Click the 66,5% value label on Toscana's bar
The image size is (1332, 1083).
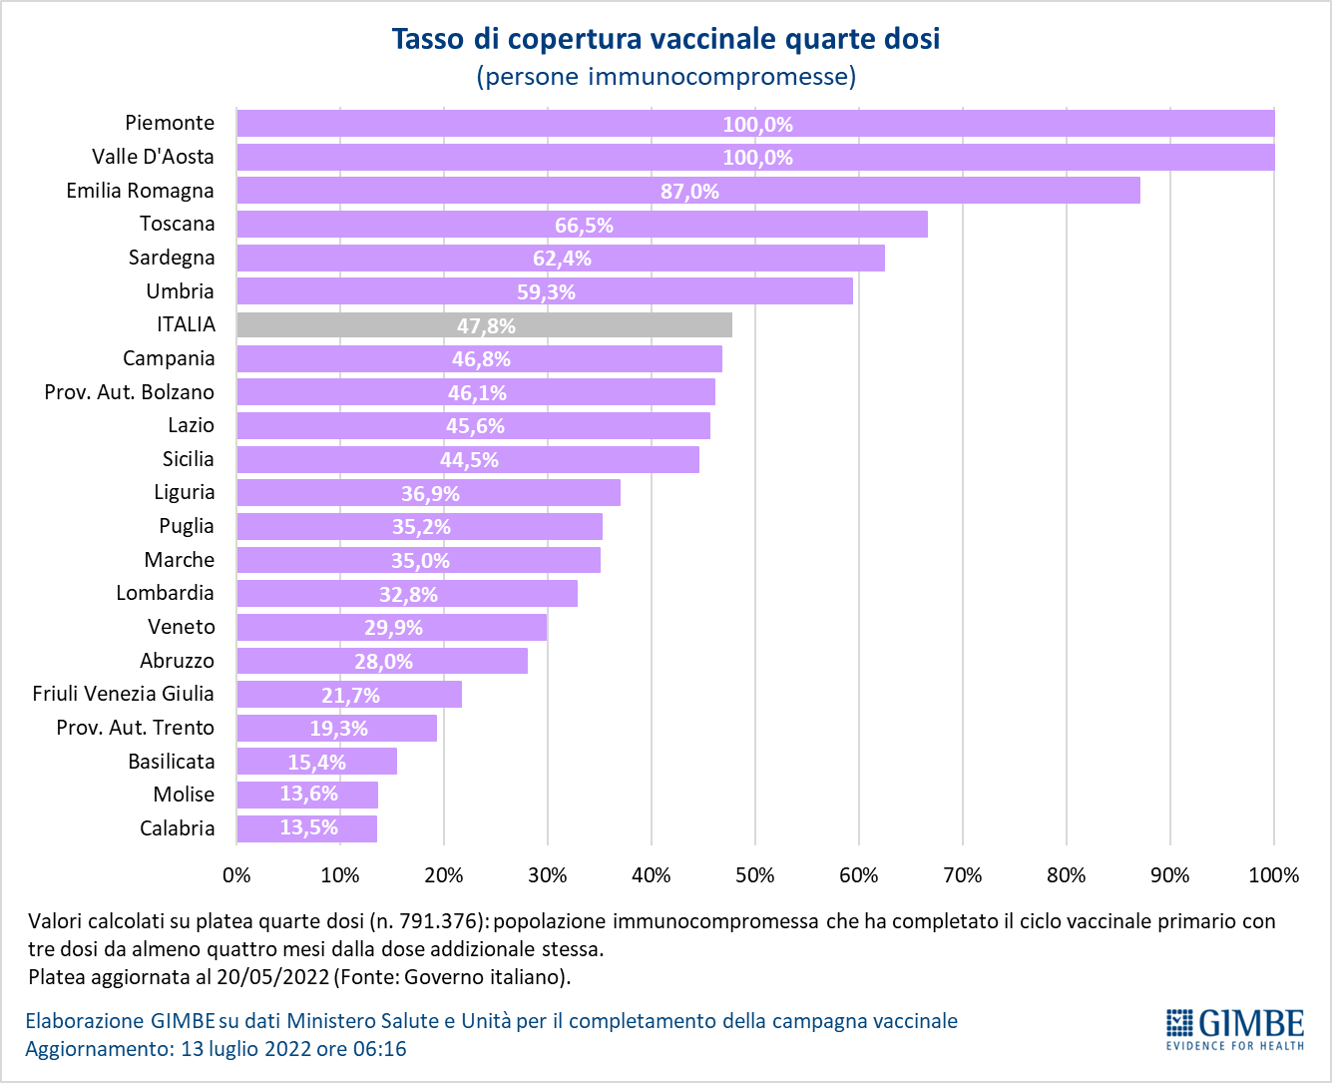pos(584,226)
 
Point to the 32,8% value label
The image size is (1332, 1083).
pos(408,595)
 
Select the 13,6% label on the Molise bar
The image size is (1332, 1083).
pos(308,795)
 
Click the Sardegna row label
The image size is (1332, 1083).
pos(172,258)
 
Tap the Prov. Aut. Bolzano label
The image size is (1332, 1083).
pos(130,392)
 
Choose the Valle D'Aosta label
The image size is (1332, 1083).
pos(153,157)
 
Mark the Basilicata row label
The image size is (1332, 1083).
pos(172,762)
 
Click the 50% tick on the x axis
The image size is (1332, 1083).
pos(754,875)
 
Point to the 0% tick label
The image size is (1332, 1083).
pos(236,875)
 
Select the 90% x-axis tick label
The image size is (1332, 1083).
pos(1169,875)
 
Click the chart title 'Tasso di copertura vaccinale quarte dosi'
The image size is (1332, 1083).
pos(666,39)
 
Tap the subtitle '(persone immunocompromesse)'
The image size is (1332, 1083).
pos(666,76)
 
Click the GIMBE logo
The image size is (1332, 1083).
pos(1235,1029)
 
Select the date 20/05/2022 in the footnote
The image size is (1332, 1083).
pos(281,976)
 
